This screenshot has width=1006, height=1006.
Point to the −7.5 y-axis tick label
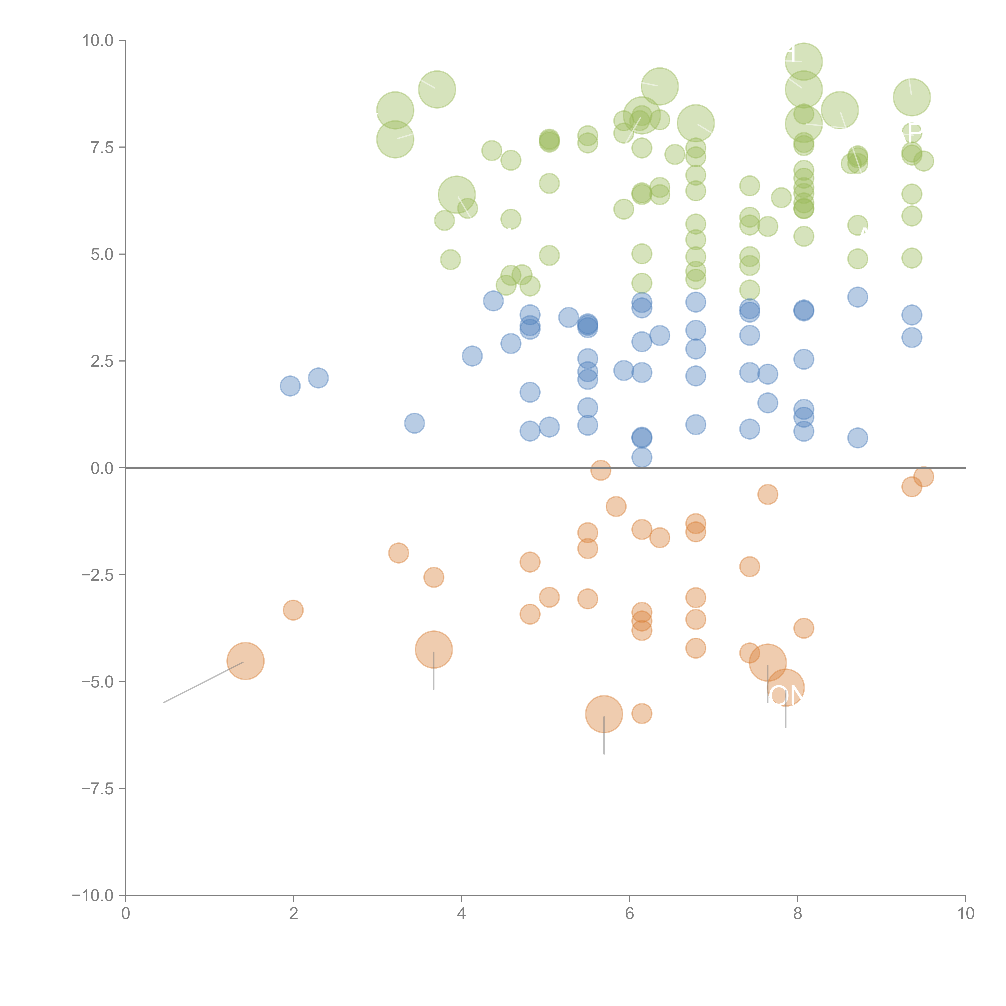point(97,788)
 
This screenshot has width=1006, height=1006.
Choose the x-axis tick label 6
point(630,914)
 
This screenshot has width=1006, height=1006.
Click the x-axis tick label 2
point(294,914)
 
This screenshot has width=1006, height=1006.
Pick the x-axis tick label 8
point(798,914)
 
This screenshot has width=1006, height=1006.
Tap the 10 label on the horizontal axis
point(965,914)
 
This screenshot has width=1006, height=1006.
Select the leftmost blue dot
point(290,386)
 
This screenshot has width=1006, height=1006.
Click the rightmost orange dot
point(923,476)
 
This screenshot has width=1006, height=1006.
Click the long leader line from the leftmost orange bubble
point(203,682)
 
